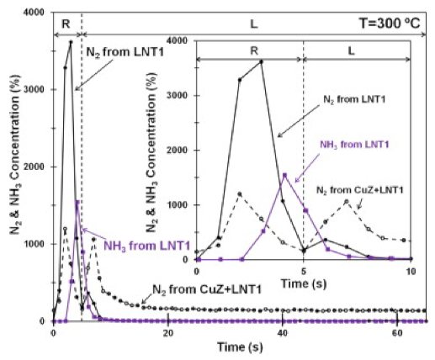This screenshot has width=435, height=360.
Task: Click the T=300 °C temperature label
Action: click(392, 23)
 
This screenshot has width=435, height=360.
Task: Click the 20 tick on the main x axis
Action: click(168, 334)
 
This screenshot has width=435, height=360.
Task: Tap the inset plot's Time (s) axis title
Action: click(303, 284)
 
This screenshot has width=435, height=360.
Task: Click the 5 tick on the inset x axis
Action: click(303, 271)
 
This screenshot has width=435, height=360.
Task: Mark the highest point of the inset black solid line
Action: click(262, 61)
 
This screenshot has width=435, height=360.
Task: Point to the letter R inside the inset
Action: click(254, 50)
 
